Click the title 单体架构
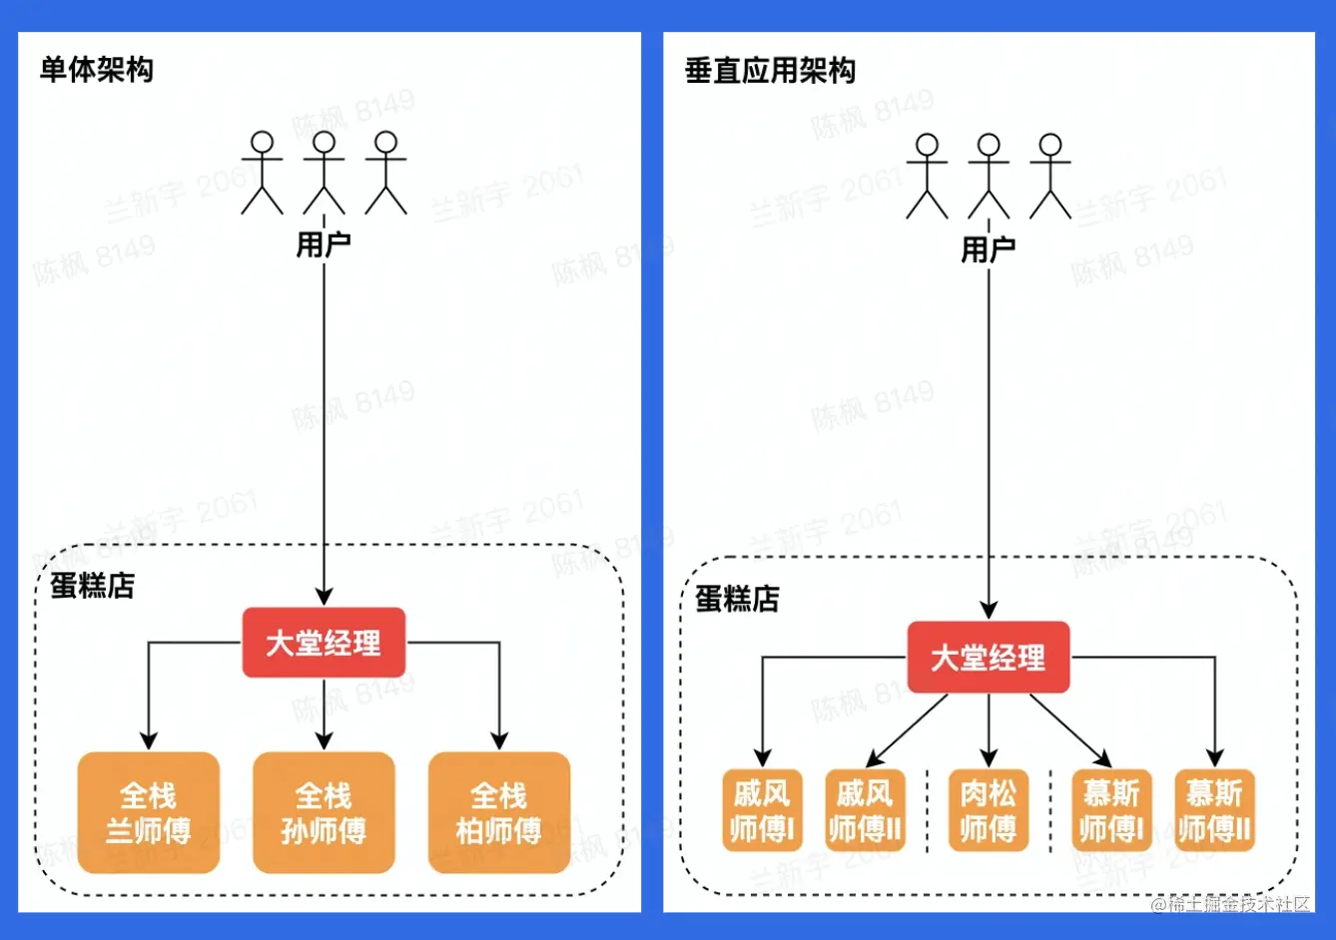click(x=97, y=70)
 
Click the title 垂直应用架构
click(x=770, y=70)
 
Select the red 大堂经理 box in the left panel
click(x=324, y=643)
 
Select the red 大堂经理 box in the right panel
click(x=988, y=658)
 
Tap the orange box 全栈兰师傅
click(x=149, y=812)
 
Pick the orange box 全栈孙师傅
click(x=324, y=812)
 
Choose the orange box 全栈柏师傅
click(x=498, y=812)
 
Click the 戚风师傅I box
click(x=762, y=810)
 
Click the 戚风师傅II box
click(x=865, y=810)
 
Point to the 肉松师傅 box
click(x=988, y=810)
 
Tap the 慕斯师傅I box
click(x=1111, y=810)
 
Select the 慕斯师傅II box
click(x=1214, y=810)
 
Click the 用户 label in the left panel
click(x=324, y=244)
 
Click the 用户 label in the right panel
click(x=988, y=248)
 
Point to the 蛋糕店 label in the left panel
click(x=93, y=586)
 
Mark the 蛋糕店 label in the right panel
click(x=737, y=599)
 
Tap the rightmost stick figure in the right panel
click(x=1049, y=176)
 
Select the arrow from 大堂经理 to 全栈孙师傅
click(x=324, y=713)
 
